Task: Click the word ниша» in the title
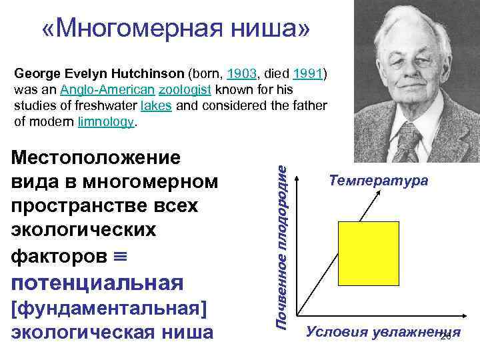[x=280, y=29]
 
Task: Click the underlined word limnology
[x=107, y=122]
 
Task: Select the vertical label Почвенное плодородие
[x=283, y=247]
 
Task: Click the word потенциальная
[x=97, y=283]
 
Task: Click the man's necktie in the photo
[x=408, y=140]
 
